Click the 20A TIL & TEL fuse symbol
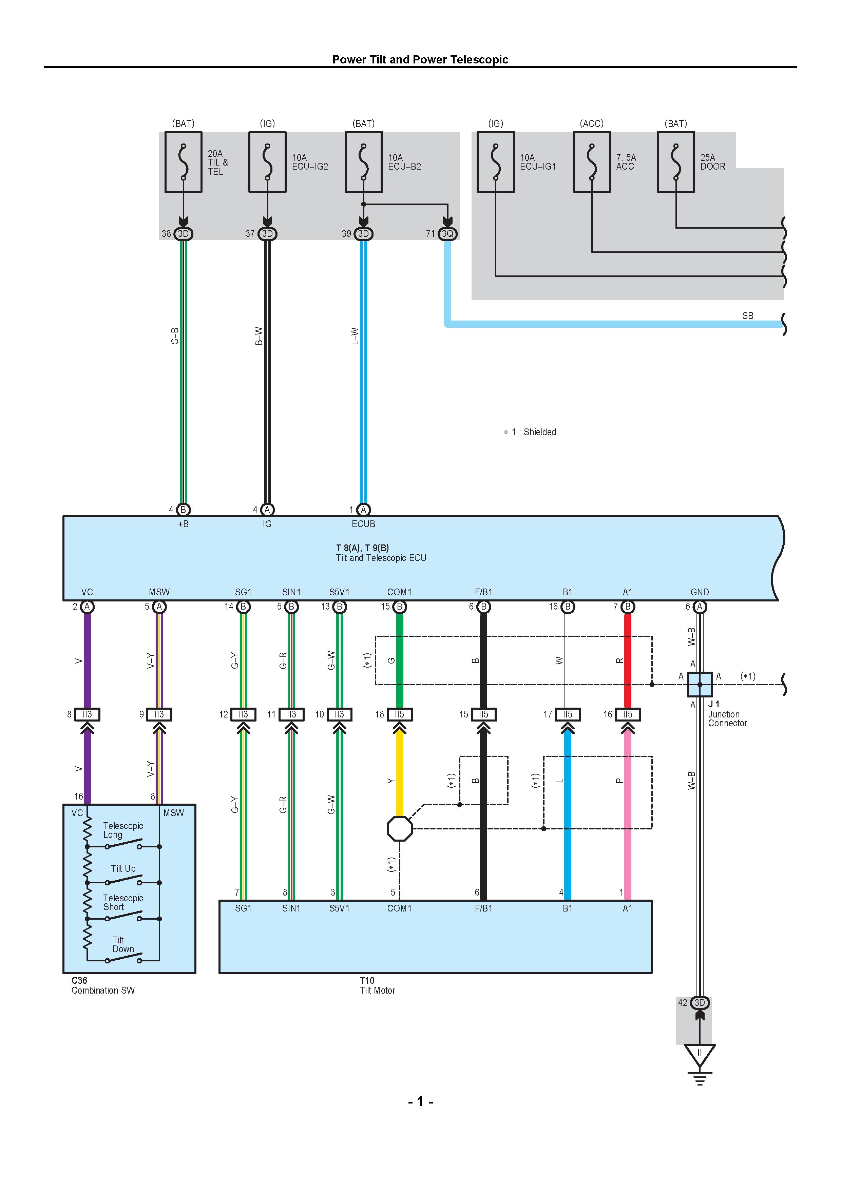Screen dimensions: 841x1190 [x=184, y=162]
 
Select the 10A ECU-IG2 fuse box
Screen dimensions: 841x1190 [x=267, y=162]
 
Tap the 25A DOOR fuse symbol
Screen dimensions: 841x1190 [x=676, y=162]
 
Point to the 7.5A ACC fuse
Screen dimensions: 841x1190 [x=592, y=162]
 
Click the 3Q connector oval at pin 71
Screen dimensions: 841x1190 [x=447, y=234]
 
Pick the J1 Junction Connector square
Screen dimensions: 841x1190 [x=700, y=684]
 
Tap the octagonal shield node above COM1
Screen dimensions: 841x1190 [x=400, y=829]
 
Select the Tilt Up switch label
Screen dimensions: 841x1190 [x=123, y=869]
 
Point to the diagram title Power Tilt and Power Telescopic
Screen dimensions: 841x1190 [x=420, y=60]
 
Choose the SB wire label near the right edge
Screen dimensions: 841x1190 [x=747, y=315]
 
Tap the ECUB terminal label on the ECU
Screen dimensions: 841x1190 [x=363, y=524]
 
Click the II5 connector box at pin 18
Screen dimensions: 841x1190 [x=400, y=714]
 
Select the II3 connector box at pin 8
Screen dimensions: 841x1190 [x=87, y=714]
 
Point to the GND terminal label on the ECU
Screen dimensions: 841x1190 [x=700, y=592]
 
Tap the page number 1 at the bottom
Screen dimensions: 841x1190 [x=420, y=1101]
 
